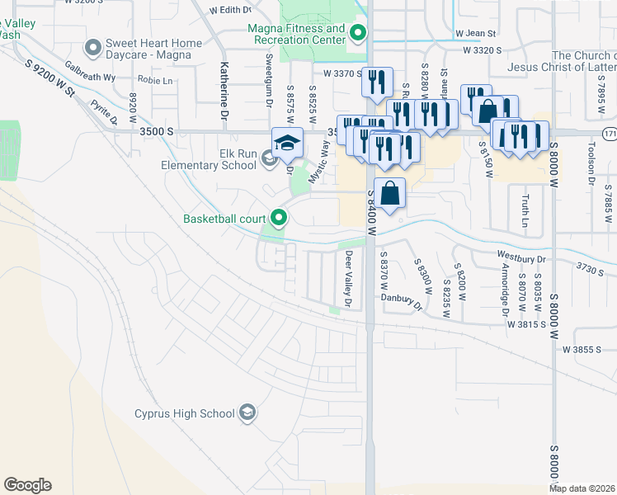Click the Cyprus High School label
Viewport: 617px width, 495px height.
pyautogui.click(x=186, y=412)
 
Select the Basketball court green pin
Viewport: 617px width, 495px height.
pyautogui.click(x=279, y=219)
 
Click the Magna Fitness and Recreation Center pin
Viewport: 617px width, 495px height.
pyautogui.click(x=357, y=34)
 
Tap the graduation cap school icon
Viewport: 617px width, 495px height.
pyautogui.click(x=287, y=144)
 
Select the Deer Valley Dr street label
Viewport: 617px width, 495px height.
pyautogui.click(x=349, y=280)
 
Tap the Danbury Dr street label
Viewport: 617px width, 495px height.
pyautogui.click(x=401, y=302)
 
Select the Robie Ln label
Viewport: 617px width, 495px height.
pyautogui.click(x=156, y=81)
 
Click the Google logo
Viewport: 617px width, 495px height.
pyautogui.click(x=27, y=485)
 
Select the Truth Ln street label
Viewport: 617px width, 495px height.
pyautogui.click(x=525, y=211)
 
